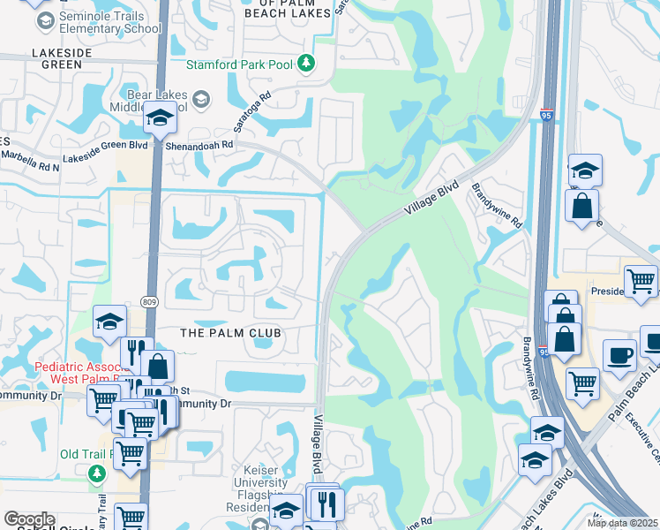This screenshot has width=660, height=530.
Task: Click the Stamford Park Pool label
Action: point(241,64)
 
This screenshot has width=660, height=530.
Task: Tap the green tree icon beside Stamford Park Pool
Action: point(306,63)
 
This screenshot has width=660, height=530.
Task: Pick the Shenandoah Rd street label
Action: point(203,144)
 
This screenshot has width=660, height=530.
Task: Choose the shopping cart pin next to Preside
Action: point(641,280)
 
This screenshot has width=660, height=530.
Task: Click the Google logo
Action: point(29,520)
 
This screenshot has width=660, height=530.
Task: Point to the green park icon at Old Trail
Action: point(95,474)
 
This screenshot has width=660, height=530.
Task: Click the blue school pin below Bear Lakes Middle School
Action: point(160,117)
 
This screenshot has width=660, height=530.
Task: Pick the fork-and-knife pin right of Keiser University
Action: point(327,504)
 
